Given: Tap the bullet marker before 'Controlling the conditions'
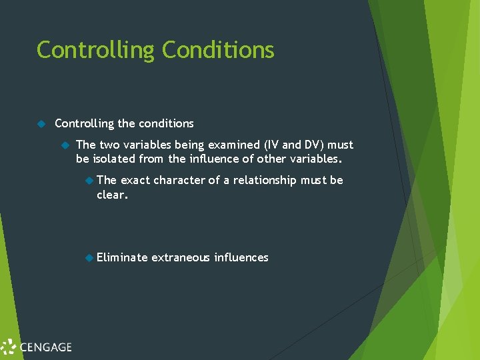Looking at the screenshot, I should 41,123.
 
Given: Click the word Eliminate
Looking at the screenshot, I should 121,257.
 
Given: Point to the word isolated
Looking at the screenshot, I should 113,159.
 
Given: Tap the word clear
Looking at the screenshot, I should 111,195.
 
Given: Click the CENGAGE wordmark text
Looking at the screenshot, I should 45,347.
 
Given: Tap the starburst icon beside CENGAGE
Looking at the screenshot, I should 8,347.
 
